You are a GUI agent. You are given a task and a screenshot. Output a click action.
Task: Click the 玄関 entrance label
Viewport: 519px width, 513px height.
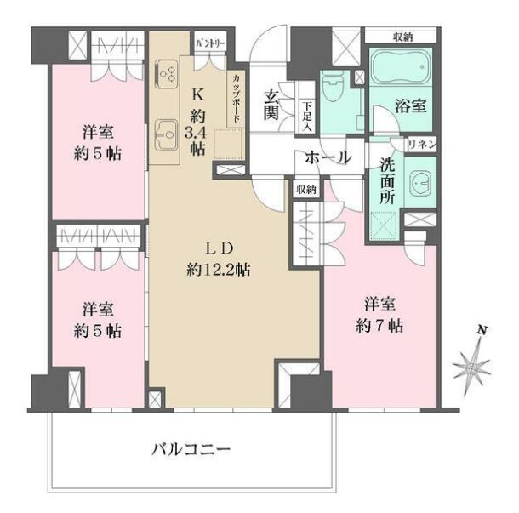point(272,103)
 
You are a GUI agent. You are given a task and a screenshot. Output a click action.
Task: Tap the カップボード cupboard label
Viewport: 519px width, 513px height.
point(236,99)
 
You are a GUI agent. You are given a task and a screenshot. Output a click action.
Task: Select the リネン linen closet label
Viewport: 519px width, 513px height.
point(422,145)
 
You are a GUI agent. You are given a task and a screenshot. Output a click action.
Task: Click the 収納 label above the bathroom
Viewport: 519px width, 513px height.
point(404,37)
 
